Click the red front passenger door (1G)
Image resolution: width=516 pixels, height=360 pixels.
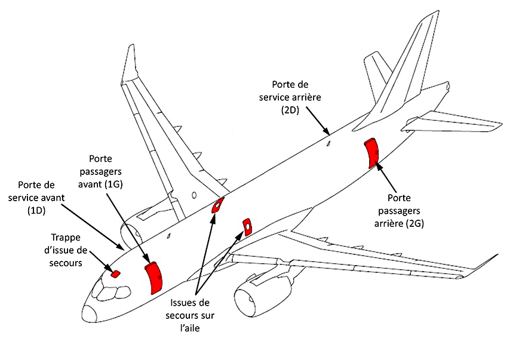tap(155, 277)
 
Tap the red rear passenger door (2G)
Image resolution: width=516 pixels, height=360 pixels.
tap(372, 152)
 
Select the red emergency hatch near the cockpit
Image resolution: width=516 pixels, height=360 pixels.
tap(116, 274)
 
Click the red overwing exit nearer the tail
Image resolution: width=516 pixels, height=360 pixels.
tap(218, 206)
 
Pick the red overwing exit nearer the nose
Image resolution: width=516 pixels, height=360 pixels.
tap(246, 226)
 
